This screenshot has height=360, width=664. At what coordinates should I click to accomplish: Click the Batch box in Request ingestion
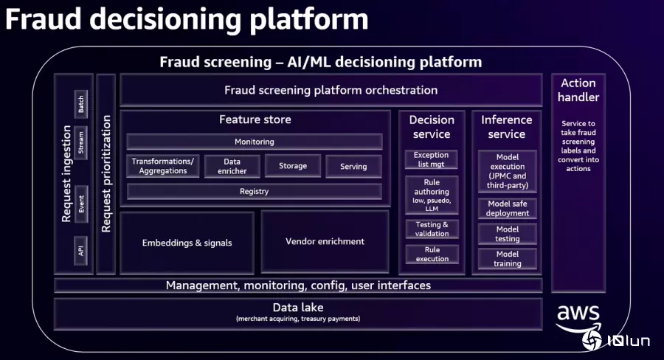81,104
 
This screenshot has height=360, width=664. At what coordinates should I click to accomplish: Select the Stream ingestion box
81,142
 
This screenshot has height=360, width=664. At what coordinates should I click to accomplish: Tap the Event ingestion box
81,204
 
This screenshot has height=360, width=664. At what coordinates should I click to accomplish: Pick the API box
81,251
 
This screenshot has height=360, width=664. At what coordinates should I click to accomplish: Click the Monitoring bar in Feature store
255,142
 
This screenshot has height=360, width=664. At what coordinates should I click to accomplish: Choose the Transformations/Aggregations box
163,166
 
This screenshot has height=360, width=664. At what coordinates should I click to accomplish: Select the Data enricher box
232,166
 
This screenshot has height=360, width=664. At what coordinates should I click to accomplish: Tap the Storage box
293,166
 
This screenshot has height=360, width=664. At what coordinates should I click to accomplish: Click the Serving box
353,167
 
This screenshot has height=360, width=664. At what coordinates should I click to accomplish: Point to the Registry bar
255,192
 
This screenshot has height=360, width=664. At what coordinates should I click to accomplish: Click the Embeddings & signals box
187,243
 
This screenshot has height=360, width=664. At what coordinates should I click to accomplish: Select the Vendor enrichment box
325,241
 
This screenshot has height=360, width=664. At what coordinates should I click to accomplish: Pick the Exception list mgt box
432,159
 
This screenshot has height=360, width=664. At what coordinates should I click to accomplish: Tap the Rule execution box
432,254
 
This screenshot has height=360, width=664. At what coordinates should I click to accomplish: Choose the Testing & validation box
432,229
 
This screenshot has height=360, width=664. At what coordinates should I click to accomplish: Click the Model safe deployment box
508,208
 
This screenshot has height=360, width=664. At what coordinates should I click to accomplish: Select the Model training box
508,259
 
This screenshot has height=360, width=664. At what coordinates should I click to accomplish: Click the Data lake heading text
298,308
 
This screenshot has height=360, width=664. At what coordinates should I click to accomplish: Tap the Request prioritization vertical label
106,173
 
